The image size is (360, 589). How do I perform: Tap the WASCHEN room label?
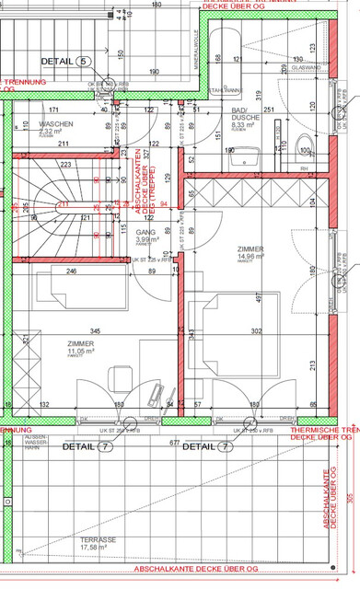click(x=57, y=124)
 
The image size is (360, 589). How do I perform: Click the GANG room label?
click(x=145, y=233)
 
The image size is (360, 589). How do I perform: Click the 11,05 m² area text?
click(x=80, y=352)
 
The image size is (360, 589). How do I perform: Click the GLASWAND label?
click(x=304, y=68)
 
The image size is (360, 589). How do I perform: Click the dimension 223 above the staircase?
click(x=65, y=165)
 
